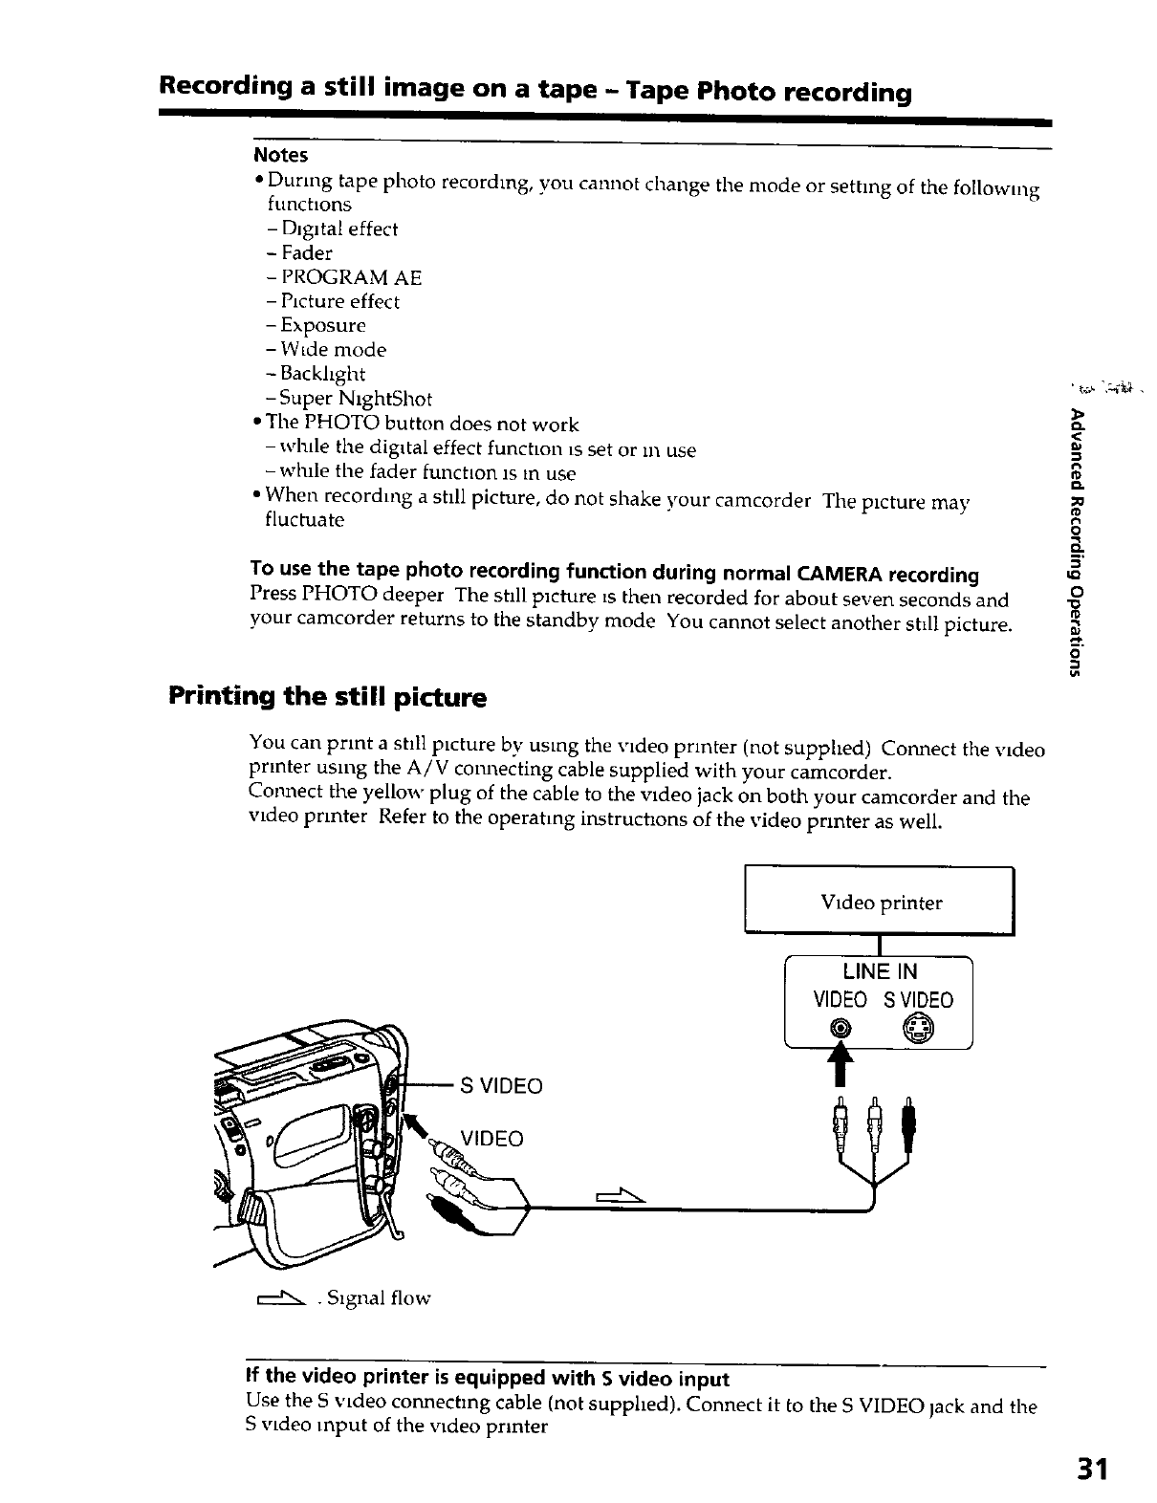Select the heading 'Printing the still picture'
(x=327, y=696)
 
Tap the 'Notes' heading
(x=280, y=155)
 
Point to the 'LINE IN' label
(x=880, y=971)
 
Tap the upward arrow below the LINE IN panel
(x=841, y=1062)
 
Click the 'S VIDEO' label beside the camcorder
(x=501, y=1086)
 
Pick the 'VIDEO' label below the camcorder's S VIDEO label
(x=491, y=1139)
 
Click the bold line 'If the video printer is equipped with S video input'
(x=488, y=1378)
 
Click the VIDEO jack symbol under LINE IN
(x=839, y=1030)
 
